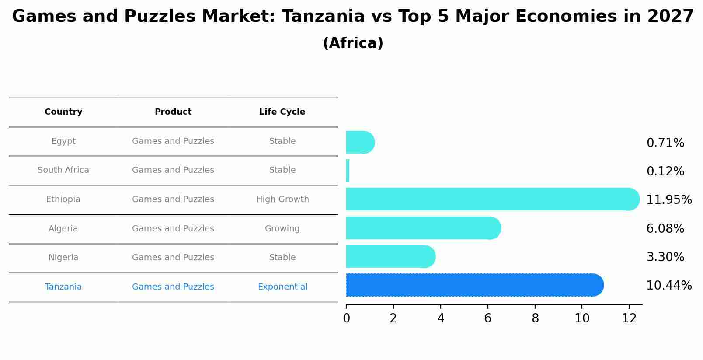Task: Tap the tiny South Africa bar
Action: pos(348,171)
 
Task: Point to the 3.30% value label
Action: pos(665,257)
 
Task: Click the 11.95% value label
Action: pos(668,200)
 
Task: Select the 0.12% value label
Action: pos(665,171)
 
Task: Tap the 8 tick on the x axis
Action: pos(535,318)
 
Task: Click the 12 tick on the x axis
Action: pos(629,318)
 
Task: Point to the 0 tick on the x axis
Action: pos(346,318)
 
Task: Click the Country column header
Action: pos(63,112)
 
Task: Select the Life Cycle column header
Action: pos(282,112)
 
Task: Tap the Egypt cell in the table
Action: pos(63,141)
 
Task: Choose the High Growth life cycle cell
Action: pos(282,199)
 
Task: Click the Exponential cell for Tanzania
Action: pos(282,287)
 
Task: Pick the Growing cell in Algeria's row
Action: pos(282,229)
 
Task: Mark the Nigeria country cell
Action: pos(63,258)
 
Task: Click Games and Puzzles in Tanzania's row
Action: pos(173,287)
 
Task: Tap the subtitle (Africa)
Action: pos(353,43)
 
